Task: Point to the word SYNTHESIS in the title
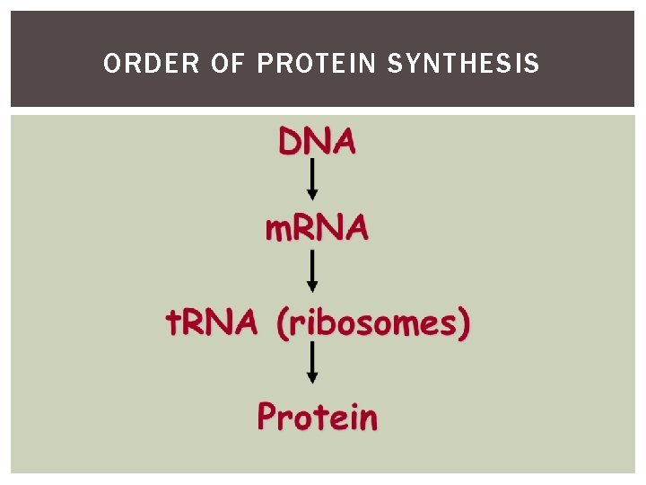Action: pyautogui.click(x=464, y=64)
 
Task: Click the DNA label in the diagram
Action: pyautogui.click(x=317, y=142)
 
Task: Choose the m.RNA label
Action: pyautogui.click(x=316, y=229)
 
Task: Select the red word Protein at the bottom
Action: pyautogui.click(x=317, y=417)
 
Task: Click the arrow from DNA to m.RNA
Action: pyautogui.click(x=312, y=180)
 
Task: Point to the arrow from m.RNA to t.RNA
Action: pyautogui.click(x=312, y=271)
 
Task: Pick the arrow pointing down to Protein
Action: pyautogui.click(x=312, y=365)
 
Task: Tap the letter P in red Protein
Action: pyautogui.click(x=267, y=416)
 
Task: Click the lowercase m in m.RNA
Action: pyautogui.click(x=275, y=231)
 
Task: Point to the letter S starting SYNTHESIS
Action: pyautogui.click(x=396, y=64)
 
